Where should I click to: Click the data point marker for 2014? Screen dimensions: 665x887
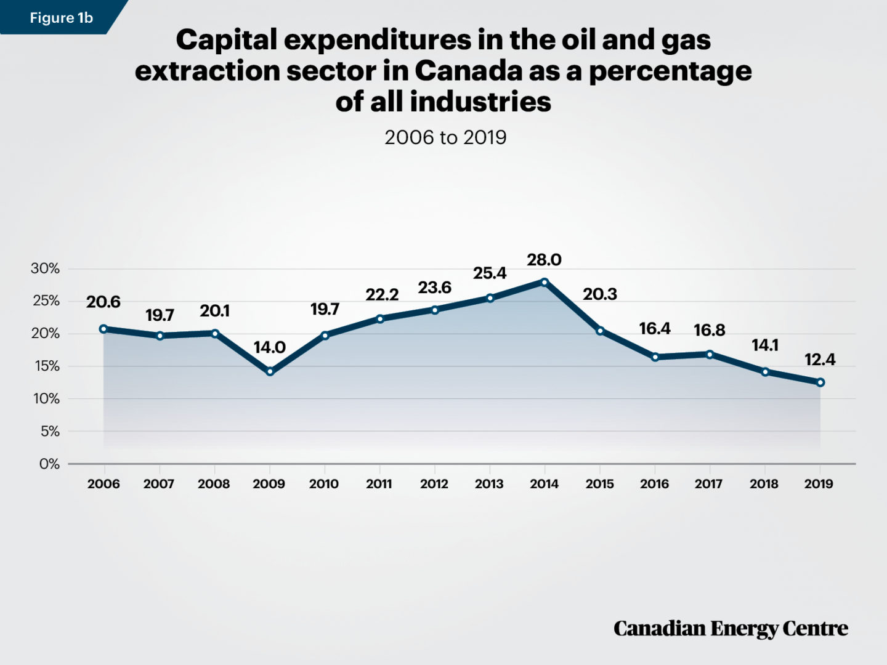[545, 282]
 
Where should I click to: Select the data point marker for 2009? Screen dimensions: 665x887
[270, 371]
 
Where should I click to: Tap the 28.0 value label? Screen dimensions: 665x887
[544, 260]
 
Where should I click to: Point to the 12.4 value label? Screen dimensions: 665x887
[820, 360]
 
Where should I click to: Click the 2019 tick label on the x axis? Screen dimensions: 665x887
[819, 484]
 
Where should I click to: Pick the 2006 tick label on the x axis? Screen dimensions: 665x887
[103, 484]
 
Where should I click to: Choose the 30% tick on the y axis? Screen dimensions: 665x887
[46, 268]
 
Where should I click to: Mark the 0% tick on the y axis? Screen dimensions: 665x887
[49, 464]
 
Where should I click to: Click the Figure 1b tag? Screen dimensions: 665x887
[60, 18]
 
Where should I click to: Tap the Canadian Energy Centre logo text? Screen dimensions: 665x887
[731, 629]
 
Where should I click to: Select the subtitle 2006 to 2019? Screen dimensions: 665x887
[445, 137]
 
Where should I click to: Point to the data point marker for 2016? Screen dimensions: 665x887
[655, 357]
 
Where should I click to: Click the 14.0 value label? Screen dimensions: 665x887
[270, 348]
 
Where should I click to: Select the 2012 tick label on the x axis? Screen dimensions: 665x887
[434, 484]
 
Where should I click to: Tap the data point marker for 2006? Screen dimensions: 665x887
[103, 329]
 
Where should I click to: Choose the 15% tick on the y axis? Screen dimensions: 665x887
[47, 366]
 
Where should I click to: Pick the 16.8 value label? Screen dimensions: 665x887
[709, 331]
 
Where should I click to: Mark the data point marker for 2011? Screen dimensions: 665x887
[380, 319]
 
